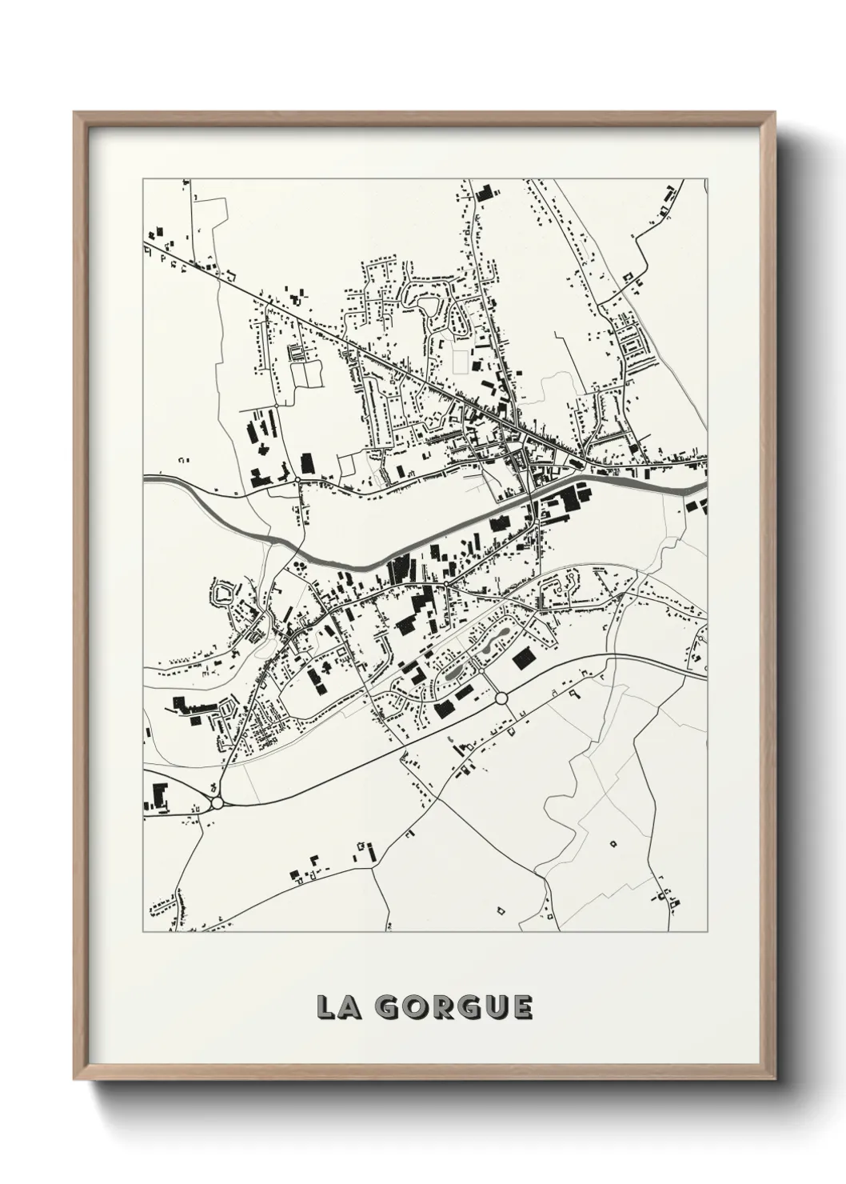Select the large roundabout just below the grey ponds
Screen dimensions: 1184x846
[x=501, y=699]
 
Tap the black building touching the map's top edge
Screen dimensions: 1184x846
[x=482, y=194]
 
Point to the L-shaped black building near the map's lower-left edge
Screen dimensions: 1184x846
[x=157, y=796]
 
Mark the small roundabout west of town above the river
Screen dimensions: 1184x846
[x=297, y=479]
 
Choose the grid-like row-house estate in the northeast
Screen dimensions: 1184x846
[x=636, y=352]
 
